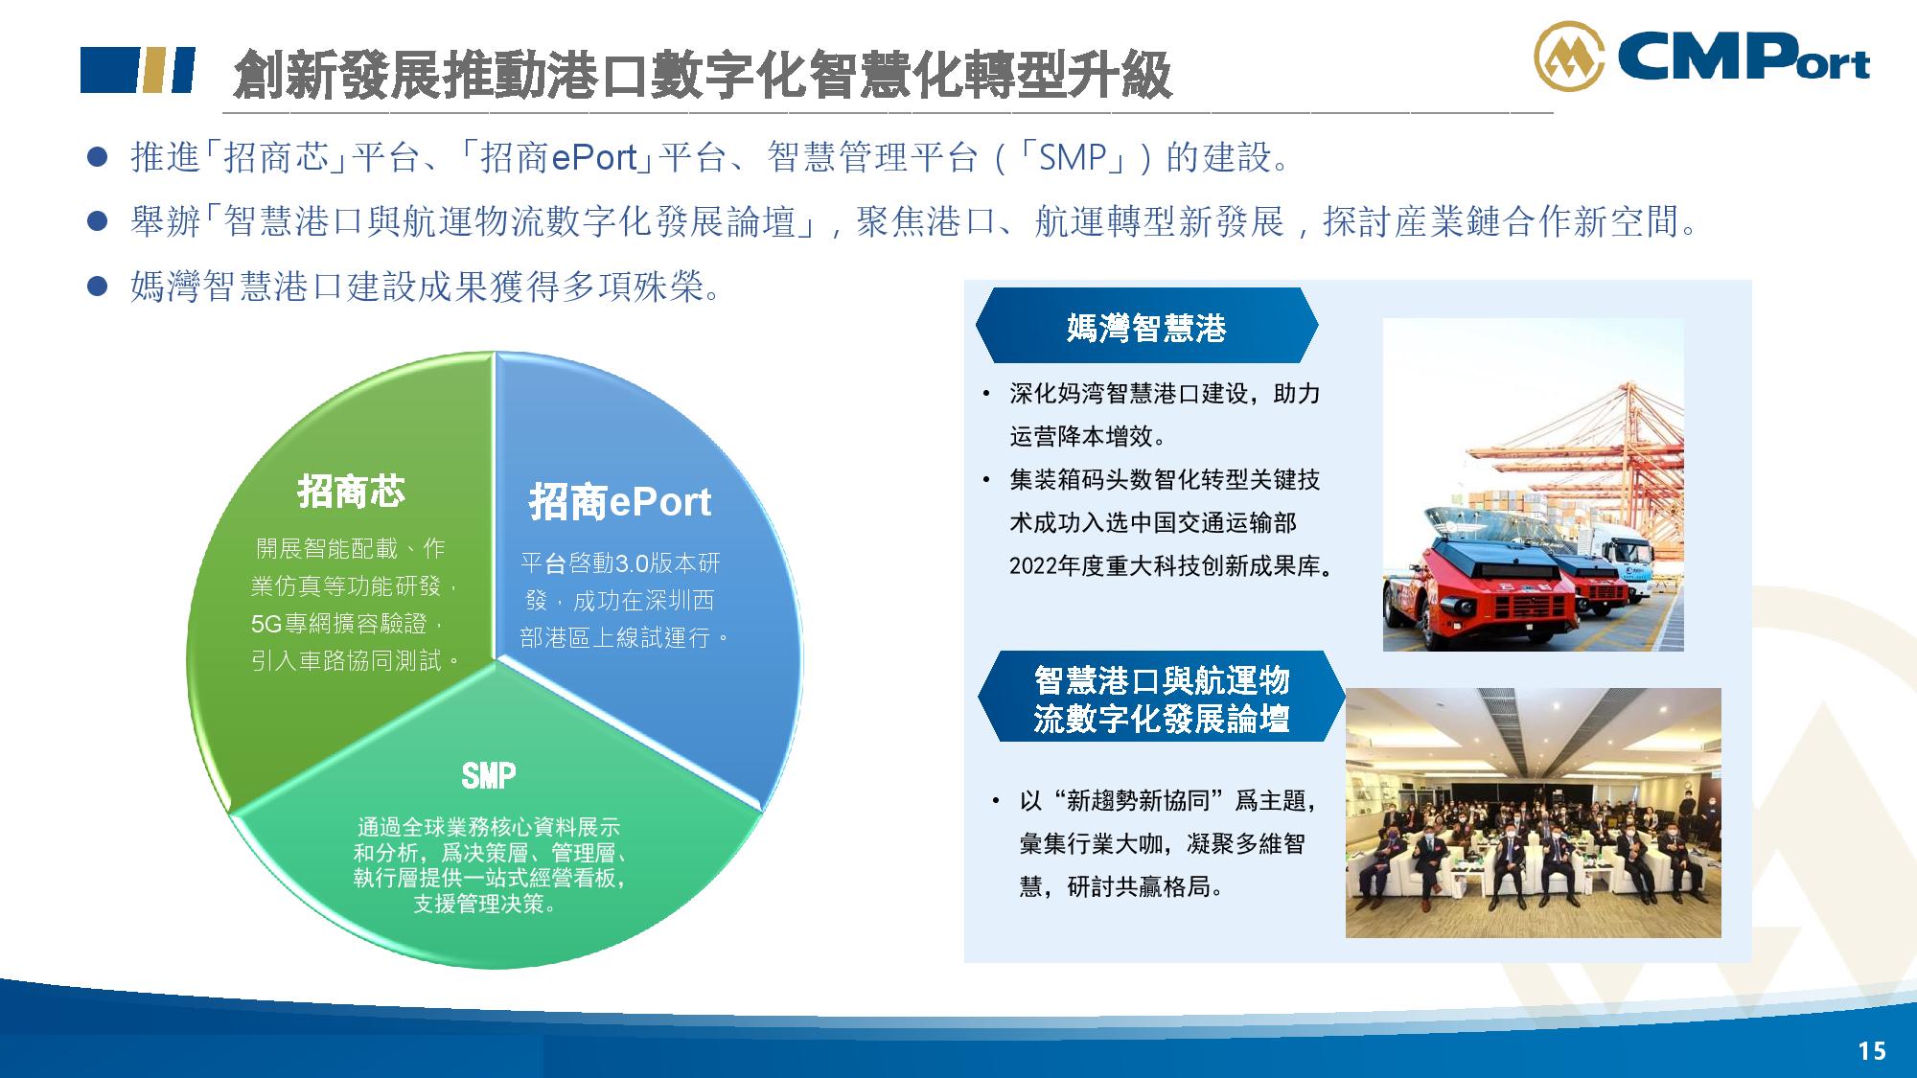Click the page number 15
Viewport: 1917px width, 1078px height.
coord(1872,1051)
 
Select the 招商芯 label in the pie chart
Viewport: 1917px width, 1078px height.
coord(351,492)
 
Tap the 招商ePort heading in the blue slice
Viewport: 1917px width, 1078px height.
coord(620,502)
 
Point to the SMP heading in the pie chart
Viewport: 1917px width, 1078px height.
coord(489,775)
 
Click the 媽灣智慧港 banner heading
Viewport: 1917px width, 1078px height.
coord(1146,328)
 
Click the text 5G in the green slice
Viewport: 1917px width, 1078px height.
coord(266,625)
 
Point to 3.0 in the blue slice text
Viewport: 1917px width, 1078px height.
coord(631,563)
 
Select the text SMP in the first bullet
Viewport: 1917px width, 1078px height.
coord(1072,157)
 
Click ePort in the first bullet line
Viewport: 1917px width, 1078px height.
coord(594,157)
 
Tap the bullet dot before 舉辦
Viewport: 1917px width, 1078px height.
coord(97,222)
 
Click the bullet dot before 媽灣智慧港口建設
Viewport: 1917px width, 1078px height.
coord(97,287)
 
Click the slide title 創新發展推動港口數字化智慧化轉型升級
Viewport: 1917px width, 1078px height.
coord(702,73)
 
